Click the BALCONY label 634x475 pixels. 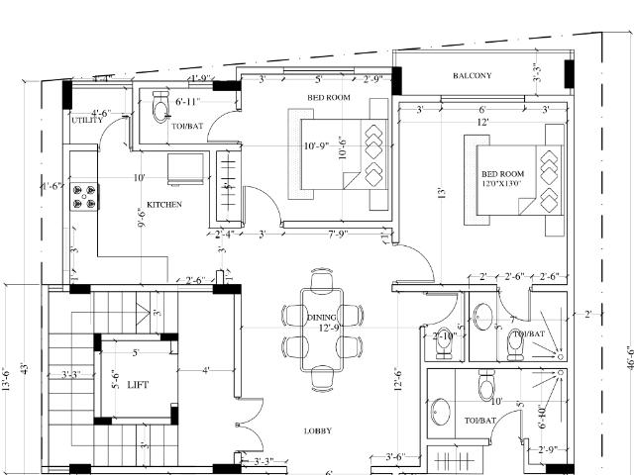(x=472, y=76)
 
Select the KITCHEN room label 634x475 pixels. (x=163, y=205)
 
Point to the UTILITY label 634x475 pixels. (x=87, y=120)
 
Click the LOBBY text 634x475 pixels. (x=318, y=430)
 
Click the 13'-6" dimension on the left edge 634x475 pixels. (x=7, y=381)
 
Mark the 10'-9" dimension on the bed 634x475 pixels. (x=317, y=146)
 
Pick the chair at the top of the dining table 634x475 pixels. (x=322, y=282)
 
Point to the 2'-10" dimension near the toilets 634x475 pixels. (x=444, y=336)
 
